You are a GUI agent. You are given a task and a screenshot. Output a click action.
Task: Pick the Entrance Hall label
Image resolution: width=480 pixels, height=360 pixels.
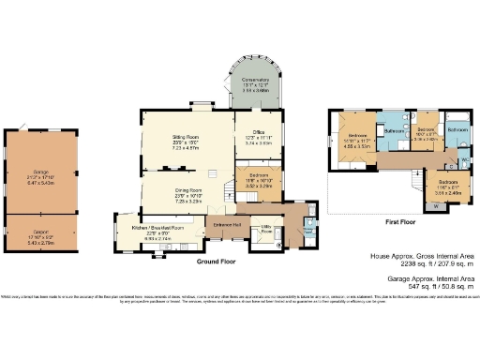[x=227, y=225]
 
